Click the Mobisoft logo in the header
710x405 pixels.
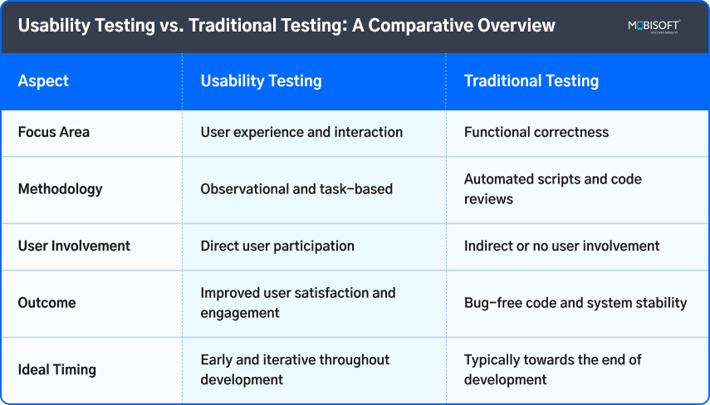click(x=654, y=27)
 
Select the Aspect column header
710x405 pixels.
click(x=43, y=81)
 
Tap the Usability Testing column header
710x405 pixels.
click(x=261, y=81)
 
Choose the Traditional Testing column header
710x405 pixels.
click(x=531, y=81)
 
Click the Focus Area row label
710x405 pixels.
click(x=53, y=132)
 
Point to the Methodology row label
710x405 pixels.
click(x=60, y=188)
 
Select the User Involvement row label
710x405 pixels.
click(x=74, y=246)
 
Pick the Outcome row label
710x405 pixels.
click(x=47, y=303)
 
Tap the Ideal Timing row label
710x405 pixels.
click(x=56, y=369)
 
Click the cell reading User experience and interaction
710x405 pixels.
click(x=301, y=132)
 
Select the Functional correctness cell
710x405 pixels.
click(x=536, y=132)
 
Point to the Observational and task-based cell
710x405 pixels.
click(x=296, y=188)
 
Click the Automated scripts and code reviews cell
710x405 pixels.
click(x=552, y=188)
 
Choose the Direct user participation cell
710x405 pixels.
click(x=277, y=246)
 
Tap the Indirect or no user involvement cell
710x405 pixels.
click(x=561, y=246)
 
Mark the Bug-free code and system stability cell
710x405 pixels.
click(x=575, y=303)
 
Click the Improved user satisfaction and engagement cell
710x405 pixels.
click(x=298, y=303)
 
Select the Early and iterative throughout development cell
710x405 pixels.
click(x=295, y=369)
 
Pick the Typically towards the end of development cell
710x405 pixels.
click(x=552, y=369)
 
